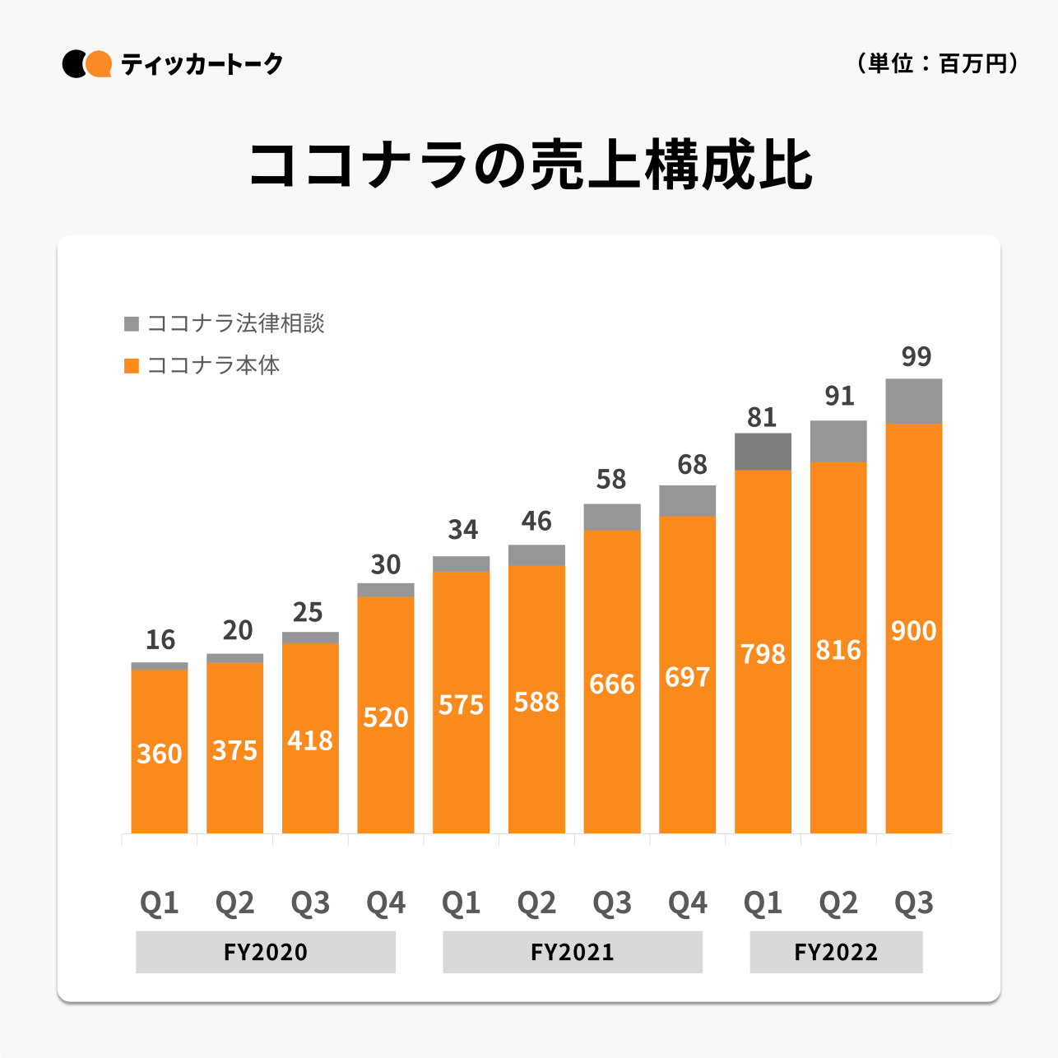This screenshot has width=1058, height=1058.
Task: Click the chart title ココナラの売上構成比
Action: point(531,166)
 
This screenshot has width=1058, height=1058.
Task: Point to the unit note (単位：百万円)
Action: point(937,63)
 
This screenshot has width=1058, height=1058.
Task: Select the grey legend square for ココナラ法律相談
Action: point(132,324)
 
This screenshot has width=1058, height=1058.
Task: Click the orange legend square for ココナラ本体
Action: point(132,365)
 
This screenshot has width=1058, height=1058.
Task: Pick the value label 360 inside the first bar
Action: point(160,754)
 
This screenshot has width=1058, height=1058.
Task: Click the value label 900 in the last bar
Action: point(914,631)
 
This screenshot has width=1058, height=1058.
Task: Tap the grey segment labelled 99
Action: point(914,401)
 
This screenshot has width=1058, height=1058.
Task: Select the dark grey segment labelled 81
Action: point(763,452)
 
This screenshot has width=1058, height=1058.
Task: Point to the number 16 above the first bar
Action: point(160,639)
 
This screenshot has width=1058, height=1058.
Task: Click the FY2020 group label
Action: point(266,952)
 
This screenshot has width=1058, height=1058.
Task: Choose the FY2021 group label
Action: point(573,952)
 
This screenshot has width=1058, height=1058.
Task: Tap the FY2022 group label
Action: point(836,952)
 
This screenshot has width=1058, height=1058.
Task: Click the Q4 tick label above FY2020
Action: point(386,903)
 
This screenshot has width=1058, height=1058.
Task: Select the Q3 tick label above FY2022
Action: point(914,903)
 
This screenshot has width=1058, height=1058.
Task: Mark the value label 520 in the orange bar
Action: point(386,717)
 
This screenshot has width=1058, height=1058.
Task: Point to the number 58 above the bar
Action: point(611,479)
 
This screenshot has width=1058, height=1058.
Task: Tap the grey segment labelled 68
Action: point(688,500)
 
